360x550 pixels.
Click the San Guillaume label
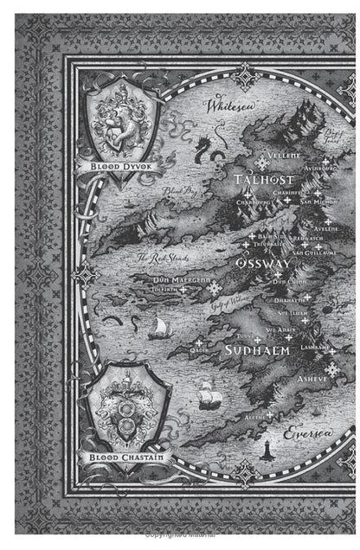tap(312, 253)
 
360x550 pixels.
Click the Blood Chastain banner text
tap(129, 453)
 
